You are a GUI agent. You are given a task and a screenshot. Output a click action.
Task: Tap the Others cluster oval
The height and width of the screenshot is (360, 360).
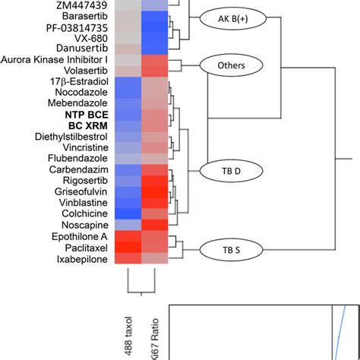230,65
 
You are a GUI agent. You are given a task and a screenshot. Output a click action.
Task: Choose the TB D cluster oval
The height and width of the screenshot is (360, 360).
225,172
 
